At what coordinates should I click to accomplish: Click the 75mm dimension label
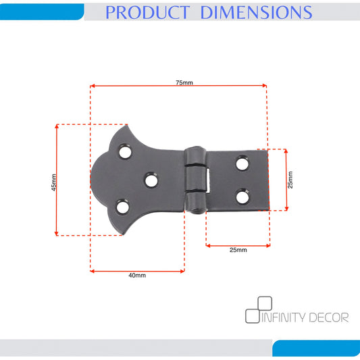tap(184, 82)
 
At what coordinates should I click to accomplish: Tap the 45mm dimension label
tap(54, 182)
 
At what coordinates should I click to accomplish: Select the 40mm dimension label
tap(137, 275)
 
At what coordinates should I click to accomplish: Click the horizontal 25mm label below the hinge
tap(238, 250)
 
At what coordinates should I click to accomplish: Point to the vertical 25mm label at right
tap(290, 180)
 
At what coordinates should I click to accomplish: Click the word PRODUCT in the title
tap(148, 12)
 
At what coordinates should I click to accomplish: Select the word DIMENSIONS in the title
tap(256, 12)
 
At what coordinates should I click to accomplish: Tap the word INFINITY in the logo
tap(283, 317)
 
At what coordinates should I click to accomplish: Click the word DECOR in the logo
tap(329, 317)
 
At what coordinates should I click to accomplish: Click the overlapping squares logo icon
tap(259, 309)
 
